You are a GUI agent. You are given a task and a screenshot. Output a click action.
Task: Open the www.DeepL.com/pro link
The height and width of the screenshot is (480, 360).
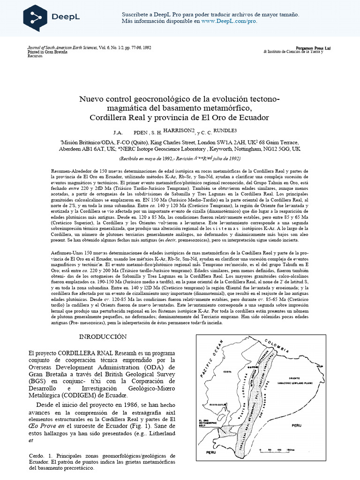click(229, 21)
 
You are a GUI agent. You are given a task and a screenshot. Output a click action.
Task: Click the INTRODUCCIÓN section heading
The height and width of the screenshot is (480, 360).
click(103, 337)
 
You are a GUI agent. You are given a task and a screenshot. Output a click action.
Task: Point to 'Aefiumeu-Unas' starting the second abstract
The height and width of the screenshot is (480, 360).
click(66, 254)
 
